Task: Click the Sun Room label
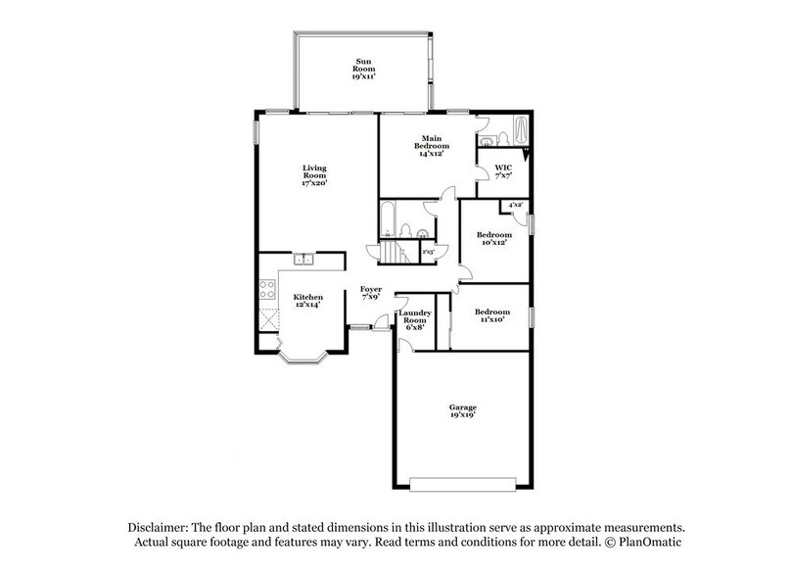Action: pos(363,67)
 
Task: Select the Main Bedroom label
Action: pos(432,146)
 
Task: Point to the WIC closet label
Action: pos(503,171)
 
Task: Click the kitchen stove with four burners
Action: pos(265,289)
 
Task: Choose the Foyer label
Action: pos(370,293)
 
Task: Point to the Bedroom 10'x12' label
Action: pos(493,239)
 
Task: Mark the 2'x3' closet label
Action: pos(428,252)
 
